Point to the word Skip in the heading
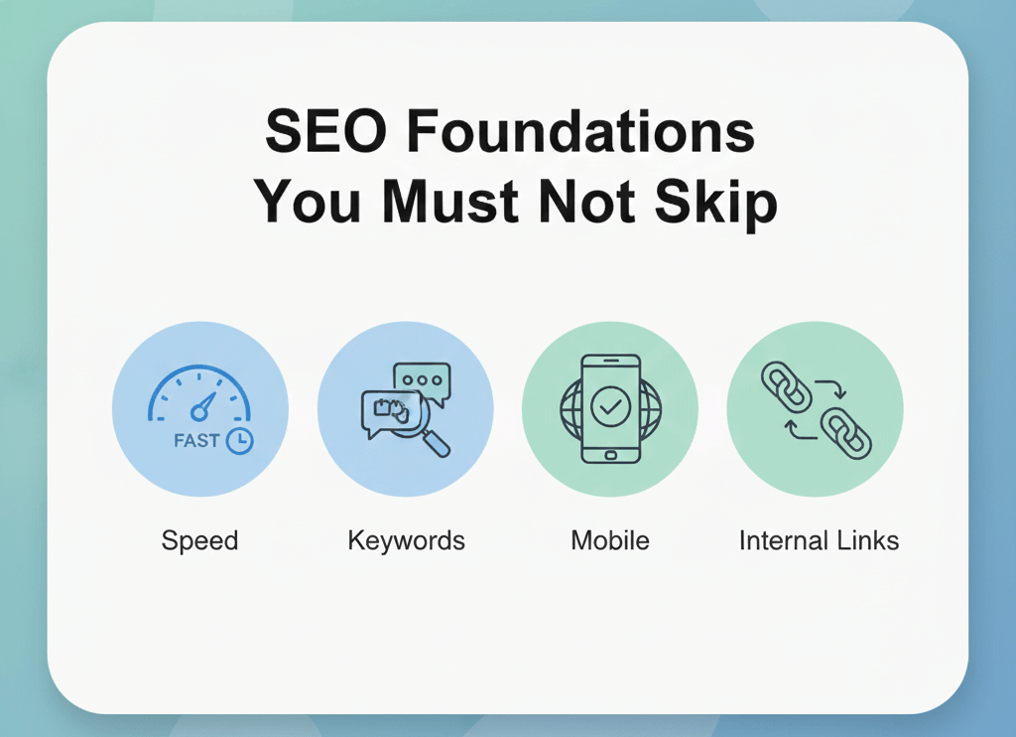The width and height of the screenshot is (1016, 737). pyautogui.click(x=716, y=203)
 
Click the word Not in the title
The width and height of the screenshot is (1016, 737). pyautogui.click(x=582, y=203)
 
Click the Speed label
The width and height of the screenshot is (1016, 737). pyautogui.click(x=199, y=541)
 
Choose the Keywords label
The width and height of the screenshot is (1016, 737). pyautogui.click(x=406, y=541)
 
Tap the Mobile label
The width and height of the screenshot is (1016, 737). pyautogui.click(x=609, y=541)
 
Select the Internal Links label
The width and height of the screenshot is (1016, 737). pyautogui.click(x=819, y=541)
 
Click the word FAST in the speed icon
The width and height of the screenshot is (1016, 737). pyautogui.click(x=196, y=440)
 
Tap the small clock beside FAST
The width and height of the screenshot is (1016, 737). pyautogui.click(x=239, y=441)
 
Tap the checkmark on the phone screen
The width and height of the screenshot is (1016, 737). pyautogui.click(x=609, y=406)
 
